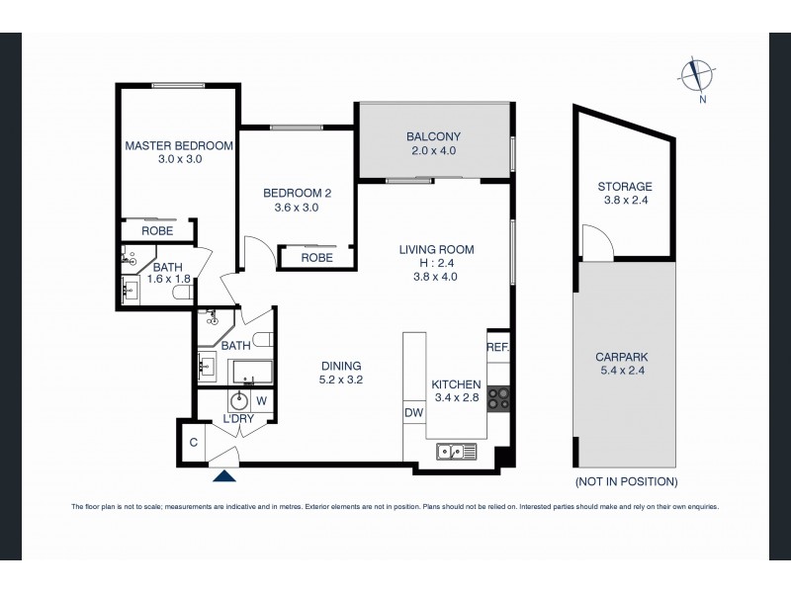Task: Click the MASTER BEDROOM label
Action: pyautogui.click(x=179, y=145)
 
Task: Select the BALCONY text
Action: pyautogui.click(x=434, y=136)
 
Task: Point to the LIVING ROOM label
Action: pyautogui.click(x=436, y=249)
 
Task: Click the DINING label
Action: pyautogui.click(x=340, y=365)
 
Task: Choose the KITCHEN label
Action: pyautogui.click(x=456, y=384)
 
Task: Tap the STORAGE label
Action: pyautogui.click(x=624, y=186)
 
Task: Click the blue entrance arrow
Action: pyautogui.click(x=225, y=476)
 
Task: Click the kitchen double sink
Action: pyautogui.click(x=457, y=453)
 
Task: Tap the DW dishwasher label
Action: pyautogui.click(x=413, y=413)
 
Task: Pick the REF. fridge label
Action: pyautogui.click(x=496, y=347)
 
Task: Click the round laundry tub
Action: pyautogui.click(x=238, y=401)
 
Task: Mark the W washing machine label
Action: pyautogui.click(x=262, y=401)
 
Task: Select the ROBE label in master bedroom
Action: pyautogui.click(x=157, y=230)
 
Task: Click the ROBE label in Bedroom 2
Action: pyautogui.click(x=316, y=257)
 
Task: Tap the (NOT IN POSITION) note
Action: pyautogui.click(x=625, y=482)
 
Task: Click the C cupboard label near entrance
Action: pyautogui.click(x=194, y=441)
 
